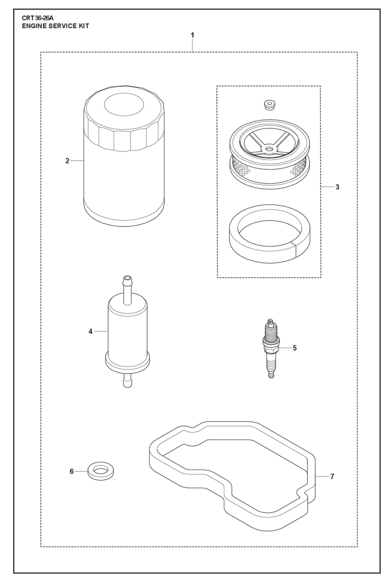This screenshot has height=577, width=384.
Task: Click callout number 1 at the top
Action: tap(192, 35)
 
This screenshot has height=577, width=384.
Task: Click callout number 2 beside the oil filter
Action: tap(67, 161)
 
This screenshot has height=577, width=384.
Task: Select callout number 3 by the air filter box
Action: tap(337, 187)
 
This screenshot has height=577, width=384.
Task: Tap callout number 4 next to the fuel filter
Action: tap(90, 332)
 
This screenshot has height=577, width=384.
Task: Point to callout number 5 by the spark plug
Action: tap(294, 348)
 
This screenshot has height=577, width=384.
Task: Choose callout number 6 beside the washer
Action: tap(71, 471)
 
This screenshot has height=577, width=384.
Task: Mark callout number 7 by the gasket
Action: tap(332, 476)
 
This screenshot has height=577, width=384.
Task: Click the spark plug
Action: tap(271, 348)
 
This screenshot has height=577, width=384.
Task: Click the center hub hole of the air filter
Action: tap(269, 149)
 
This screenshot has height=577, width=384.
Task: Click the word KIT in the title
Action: tap(83, 26)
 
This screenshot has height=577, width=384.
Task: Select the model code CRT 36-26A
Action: tap(37, 18)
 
